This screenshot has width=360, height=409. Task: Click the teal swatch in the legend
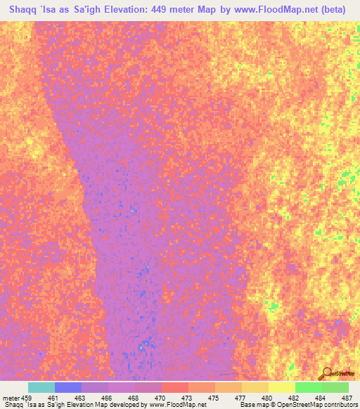click(x=41, y=387)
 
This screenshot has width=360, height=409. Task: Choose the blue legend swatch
click(x=68, y=387)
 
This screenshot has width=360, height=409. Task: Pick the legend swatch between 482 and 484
click(x=309, y=387)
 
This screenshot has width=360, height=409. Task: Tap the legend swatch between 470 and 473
click(x=175, y=387)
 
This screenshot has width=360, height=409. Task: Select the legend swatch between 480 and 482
click(x=282, y=387)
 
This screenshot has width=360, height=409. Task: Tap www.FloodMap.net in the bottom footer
click(x=179, y=405)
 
